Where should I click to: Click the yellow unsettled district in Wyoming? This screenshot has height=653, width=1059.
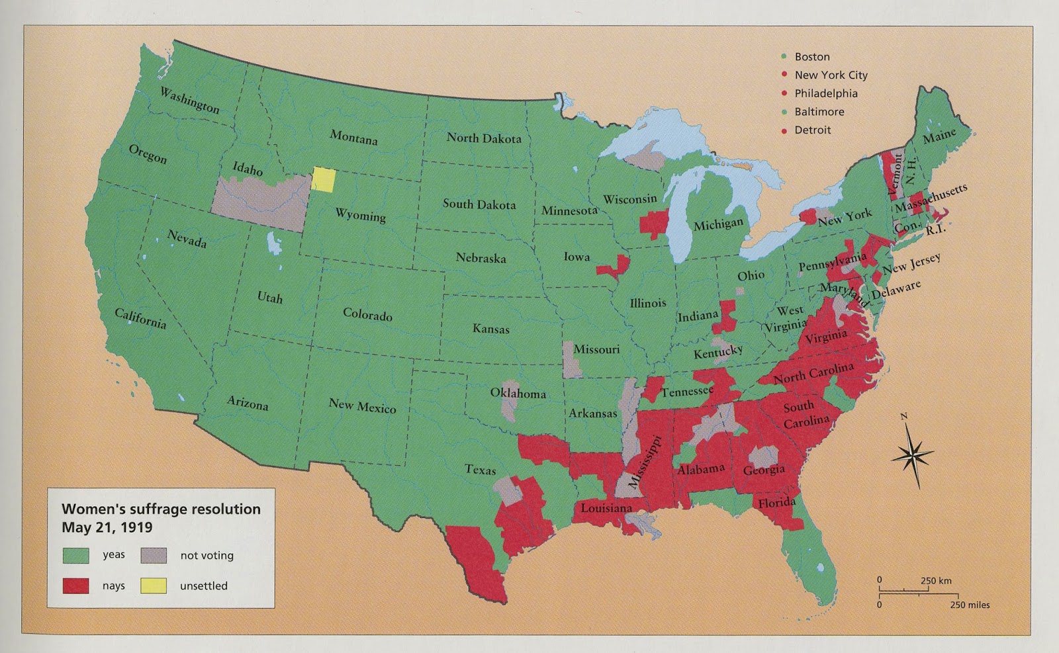[324, 179]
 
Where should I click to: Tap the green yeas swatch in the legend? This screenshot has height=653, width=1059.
[75, 555]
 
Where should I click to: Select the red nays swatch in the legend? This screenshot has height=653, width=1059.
[75, 586]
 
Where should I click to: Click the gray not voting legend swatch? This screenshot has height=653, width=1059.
[153, 555]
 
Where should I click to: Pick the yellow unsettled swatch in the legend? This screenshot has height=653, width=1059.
[153, 586]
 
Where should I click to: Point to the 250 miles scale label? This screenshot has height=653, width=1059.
[970, 605]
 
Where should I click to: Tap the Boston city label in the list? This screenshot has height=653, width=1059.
[812, 57]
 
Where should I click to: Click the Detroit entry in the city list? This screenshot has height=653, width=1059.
[812, 130]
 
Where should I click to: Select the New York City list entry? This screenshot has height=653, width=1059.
[831, 75]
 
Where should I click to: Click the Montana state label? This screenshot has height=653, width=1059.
[353, 137]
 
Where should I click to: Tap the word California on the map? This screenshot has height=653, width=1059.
[140, 318]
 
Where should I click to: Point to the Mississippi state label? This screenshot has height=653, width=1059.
[645, 462]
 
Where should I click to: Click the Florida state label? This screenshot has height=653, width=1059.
[777, 503]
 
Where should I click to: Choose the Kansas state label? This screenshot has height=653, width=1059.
[491, 328]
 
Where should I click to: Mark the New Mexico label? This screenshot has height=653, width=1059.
[362, 406]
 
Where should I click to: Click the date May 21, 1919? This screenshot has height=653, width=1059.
[107, 527]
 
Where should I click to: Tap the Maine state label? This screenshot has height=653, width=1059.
[939, 136]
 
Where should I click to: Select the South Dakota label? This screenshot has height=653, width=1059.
[479, 204]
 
